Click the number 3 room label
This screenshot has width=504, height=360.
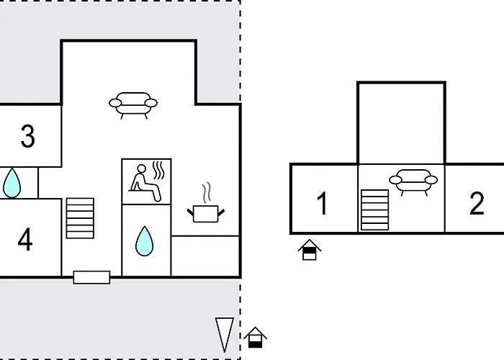pos(27,136)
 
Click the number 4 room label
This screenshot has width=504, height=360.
pos(25,240)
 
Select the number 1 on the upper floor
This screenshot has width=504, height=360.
pos(323,203)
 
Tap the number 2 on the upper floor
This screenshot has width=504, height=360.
pos(477,203)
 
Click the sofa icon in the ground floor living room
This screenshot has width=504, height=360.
pos(133,105)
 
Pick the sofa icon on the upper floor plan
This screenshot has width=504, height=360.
pos(413,182)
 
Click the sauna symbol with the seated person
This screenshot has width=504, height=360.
pos(147,182)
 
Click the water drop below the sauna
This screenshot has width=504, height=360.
pos(144,241)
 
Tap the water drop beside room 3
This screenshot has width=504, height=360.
pos(12,183)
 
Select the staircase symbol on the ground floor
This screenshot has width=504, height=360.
pos(80,218)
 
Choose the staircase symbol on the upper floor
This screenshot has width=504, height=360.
pos(375,210)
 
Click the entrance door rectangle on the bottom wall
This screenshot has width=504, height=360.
pos(91,277)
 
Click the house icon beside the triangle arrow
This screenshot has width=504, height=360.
pos(255,337)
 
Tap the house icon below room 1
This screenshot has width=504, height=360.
pos(310,250)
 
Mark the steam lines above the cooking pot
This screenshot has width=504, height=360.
pos(207,193)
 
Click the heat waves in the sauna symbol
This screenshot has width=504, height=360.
pos(158,171)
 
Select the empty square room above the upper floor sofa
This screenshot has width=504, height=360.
pos(401,123)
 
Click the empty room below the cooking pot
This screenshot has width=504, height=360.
pos(205,256)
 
